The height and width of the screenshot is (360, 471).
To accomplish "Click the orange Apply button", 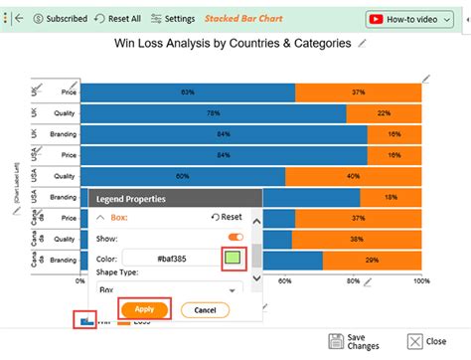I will tap(144, 309).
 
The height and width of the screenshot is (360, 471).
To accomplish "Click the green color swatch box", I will tap(232, 258).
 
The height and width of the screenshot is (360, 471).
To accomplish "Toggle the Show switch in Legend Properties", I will tap(235, 237).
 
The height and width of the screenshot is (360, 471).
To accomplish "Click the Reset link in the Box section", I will tap(228, 216).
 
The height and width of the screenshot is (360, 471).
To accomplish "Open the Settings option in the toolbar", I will tap(173, 18).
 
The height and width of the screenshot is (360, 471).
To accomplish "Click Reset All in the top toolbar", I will tap(118, 18).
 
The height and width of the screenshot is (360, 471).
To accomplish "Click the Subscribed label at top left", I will tap(59, 18).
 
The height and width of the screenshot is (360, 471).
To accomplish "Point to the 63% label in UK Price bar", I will tap(187, 91).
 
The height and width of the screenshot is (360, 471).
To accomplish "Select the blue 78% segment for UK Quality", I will tap(213, 113).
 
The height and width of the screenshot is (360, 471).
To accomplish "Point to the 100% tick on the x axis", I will tap(420, 281).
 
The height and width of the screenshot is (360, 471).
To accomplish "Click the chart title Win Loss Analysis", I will tap(234, 44).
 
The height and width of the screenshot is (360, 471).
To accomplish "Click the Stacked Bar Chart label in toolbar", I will tap(242, 18).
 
